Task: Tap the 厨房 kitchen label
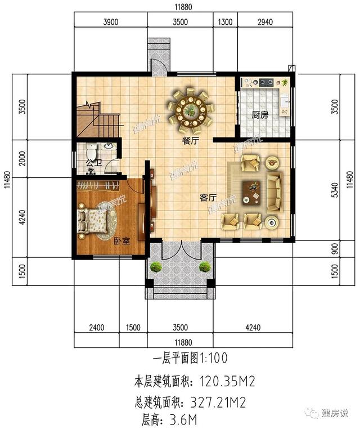click(259, 115)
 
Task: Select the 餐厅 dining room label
click(190, 142)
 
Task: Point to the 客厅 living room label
click(208, 198)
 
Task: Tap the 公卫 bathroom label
click(93, 164)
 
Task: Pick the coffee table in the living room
click(253, 191)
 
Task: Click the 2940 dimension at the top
click(264, 23)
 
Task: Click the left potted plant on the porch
click(156, 266)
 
